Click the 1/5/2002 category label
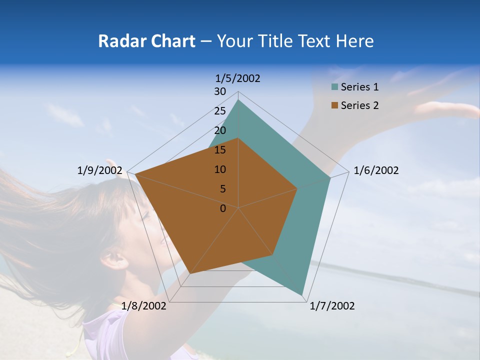tap(238, 78)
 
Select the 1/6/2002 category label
tap(376, 170)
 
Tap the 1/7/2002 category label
tap(332, 306)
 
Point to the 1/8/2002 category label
tap(144, 306)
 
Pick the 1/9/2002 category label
tap(100, 170)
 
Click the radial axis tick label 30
tap(220, 91)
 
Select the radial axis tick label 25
tap(220, 111)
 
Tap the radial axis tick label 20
tap(220, 130)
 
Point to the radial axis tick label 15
tap(220, 150)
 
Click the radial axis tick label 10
tap(220, 169)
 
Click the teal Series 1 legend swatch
tap(334, 87)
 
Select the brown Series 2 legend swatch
tap(334, 105)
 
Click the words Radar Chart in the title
tap(146, 41)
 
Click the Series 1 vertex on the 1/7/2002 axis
tap(302, 294)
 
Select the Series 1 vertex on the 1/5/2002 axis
tap(238, 100)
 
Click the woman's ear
tap(113, 258)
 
